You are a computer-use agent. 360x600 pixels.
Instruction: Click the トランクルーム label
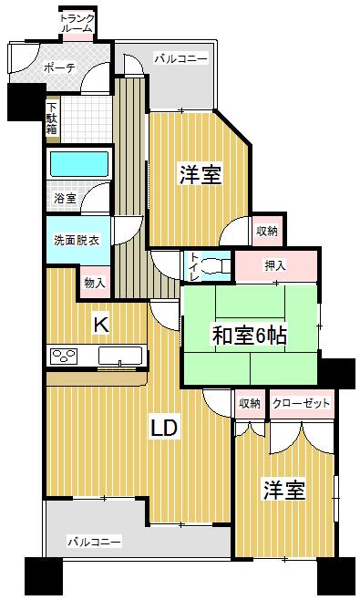[x=76, y=23]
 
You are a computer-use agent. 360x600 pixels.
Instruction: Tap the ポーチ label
[x=59, y=67]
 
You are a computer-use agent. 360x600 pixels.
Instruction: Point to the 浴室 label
[x=65, y=198]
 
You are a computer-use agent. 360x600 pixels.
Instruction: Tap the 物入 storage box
[x=95, y=282]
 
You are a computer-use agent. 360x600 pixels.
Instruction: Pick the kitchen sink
[x=119, y=356]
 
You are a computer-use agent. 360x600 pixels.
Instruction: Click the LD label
[x=164, y=427]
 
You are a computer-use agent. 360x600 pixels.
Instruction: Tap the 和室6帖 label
[x=250, y=336]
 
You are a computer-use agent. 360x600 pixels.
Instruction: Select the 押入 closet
[x=277, y=266]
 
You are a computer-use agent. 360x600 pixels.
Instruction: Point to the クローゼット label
[x=301, y=403]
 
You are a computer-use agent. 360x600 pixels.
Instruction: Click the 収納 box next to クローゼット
[x=250, y=403]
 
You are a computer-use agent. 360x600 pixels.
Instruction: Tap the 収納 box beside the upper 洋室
[x=266, y=231]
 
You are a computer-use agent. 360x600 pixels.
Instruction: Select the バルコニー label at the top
[x=180, y=59]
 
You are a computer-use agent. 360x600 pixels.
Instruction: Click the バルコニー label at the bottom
[x=94, y=542]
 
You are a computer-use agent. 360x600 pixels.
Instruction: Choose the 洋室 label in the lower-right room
[x=283, y=490]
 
